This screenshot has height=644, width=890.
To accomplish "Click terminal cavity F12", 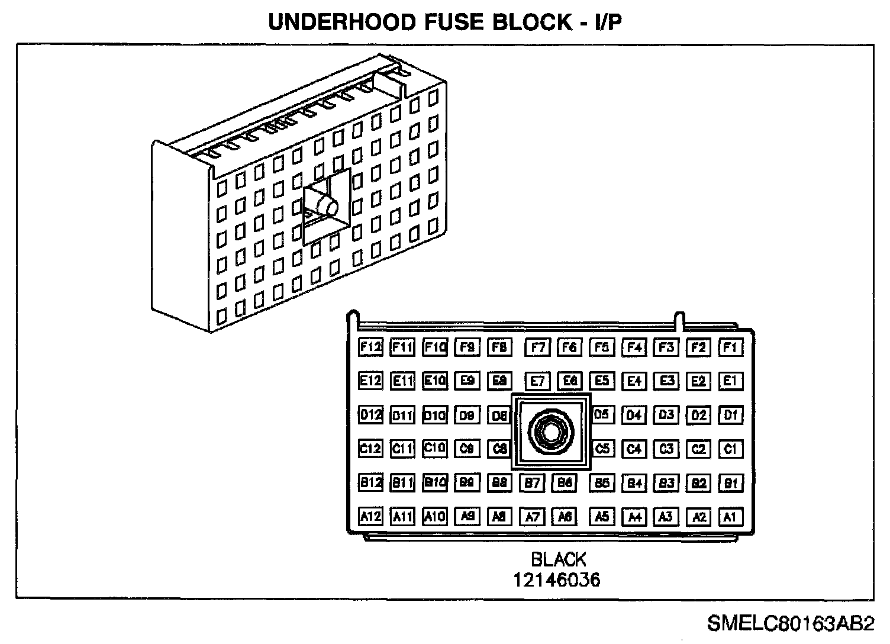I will pyautogui.click(x=370, y=347).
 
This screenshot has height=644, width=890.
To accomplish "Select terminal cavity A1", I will pyautogui.click(x=730, y=517).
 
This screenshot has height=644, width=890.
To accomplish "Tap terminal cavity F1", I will pyautogui.click(x=730, y=347).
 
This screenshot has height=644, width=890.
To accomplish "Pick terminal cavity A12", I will pyautogui.click(x=370, y=517).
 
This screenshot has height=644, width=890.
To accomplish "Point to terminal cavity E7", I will pyautogui.click(x=537, y=381).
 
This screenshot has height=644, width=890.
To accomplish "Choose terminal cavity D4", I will pyautogui.click(x=634, y=415).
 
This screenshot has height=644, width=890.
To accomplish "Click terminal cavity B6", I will pyautogui.click(x=565, y=483).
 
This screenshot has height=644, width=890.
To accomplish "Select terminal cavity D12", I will pyautogui.click(x=370, y=415).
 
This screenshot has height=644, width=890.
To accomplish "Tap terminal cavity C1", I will pyautogui.click(x=730, y=449).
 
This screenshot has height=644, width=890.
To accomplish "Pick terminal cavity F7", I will pyautogui.click(x=537, y=347).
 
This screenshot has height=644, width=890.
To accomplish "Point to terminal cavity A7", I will pyautogui.click(x=532, y=517).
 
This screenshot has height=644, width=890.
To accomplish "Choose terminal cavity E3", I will pyautogui.click(x=666, y=381).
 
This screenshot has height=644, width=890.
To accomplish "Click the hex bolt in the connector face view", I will pyautogui.click(x=550, y=432).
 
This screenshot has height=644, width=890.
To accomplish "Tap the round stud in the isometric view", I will pyautogui.click(x=327, y=207).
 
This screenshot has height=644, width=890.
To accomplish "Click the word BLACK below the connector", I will pyautogui.click(x=558, y=559).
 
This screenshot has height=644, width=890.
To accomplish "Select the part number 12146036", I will pyautogui.click(x=556, y=579).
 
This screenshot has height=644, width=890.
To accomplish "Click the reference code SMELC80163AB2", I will pyautogui.click(x=790, y=623).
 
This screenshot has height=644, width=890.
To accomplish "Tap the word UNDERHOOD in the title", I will pyautogui.click(x=342, y=22).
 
